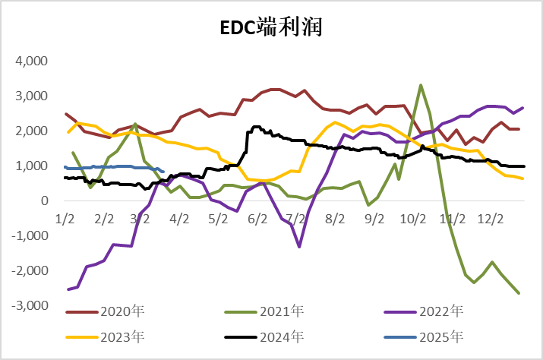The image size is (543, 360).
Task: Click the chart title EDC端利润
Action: tap(271, 28)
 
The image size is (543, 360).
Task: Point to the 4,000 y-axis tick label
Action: tap(31, 62)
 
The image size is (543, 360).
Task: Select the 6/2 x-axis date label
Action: tap(257, 219)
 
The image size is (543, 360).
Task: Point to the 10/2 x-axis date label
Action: tap(413, 219)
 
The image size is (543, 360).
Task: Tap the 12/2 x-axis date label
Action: tap(491, 219)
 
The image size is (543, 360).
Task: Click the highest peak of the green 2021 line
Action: tap(421, 85)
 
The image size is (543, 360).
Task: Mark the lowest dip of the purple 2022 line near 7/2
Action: tap(299, 247)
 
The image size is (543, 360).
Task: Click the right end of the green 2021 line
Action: tap(519, 293)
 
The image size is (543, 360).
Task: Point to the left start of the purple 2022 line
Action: tap(68, 289)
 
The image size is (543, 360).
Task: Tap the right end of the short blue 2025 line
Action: tap(163, 171)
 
